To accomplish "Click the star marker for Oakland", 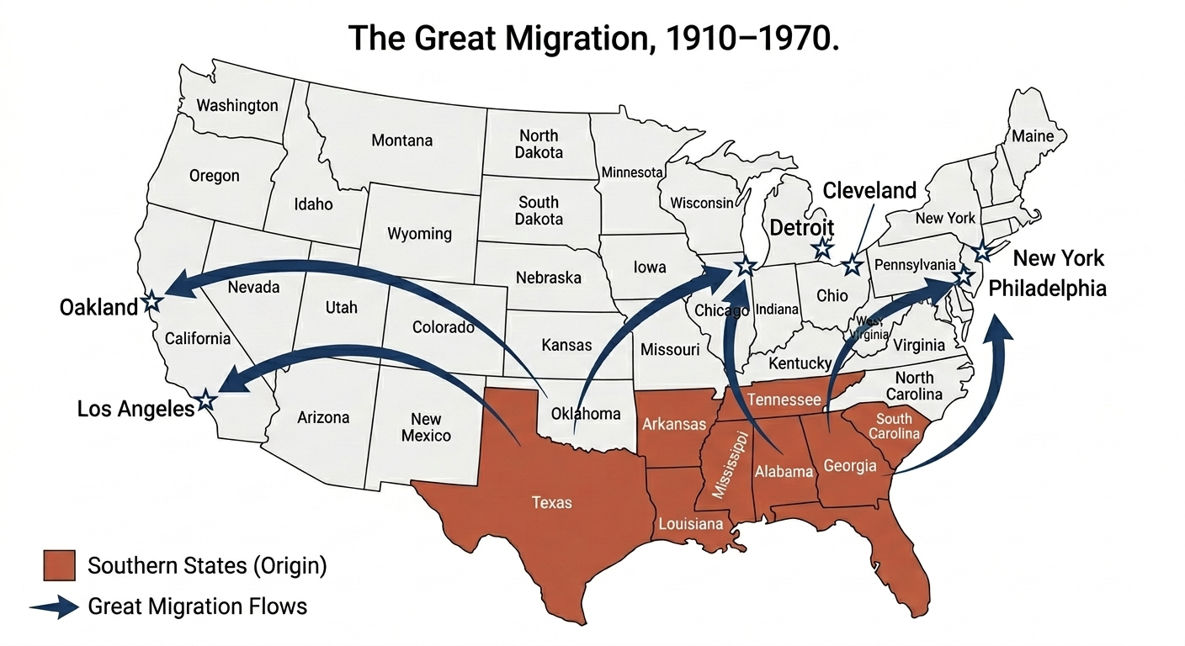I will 152,301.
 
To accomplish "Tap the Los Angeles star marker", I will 205,400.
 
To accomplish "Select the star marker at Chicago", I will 745,267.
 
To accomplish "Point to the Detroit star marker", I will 822,248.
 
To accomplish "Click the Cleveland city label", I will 869,191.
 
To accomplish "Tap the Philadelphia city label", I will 1047,289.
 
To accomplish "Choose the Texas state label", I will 551,502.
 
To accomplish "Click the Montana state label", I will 401,140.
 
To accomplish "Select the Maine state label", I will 1032,136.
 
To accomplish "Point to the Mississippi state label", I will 730,464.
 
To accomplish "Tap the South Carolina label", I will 894,426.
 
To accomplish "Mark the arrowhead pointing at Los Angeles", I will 226,386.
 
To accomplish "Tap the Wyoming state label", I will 419,233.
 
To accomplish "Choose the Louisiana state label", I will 690,524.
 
